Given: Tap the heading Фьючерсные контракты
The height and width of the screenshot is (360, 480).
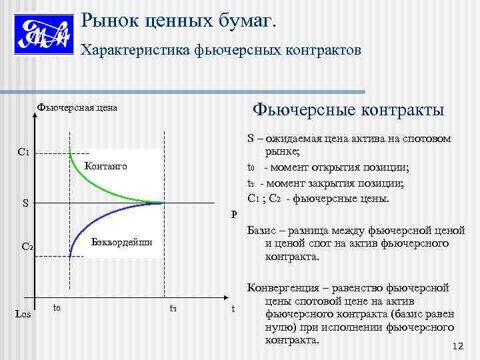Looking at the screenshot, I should [x=346, y=108].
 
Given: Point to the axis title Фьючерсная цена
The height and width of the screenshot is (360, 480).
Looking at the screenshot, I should [x=77, y=107].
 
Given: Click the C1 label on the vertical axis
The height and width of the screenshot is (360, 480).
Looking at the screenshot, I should [x=24, y=153].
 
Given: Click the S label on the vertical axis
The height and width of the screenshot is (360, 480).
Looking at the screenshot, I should [x=25, y=203].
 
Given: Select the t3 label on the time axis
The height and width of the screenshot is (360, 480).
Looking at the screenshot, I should [x=173, y=307].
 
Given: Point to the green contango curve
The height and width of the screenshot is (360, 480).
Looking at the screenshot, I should [x=100, y=183].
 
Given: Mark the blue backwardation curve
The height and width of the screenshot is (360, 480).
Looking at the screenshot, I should [x=100, y=221].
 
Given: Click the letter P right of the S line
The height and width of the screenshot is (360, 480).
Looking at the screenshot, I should [x=234, y=214].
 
